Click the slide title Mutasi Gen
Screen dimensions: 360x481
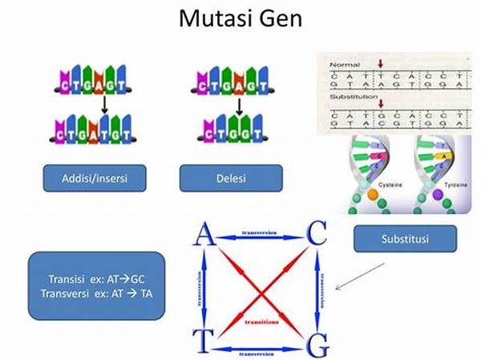coord(240,18)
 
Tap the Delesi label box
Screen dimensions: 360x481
coord(231,177)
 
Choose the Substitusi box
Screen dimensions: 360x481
coord(405,239)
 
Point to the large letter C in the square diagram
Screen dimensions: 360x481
coord(317,234)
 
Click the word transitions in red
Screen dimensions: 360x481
coord(261,322)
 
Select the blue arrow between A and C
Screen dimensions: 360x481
coord(260,234)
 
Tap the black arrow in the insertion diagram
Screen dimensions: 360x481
coord(104,104)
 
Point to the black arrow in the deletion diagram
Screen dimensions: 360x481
coord(238,104)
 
